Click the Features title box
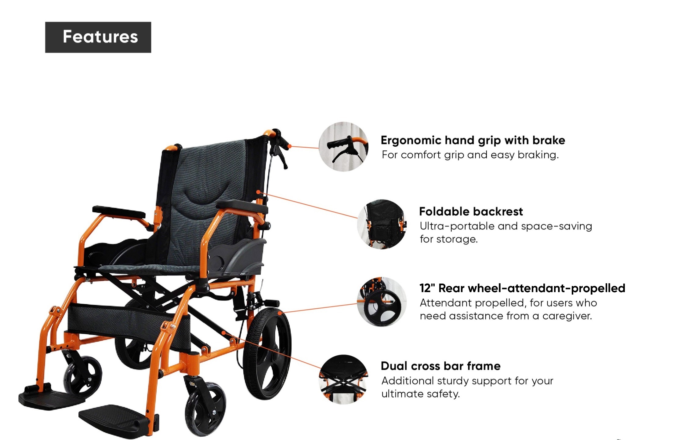click(98, 37)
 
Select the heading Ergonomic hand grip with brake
click(473, 140)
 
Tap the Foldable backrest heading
click(471, 211)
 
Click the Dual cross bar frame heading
click(441, 366)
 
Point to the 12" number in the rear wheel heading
click(427, 288)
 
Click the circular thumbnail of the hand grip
click(343, 147)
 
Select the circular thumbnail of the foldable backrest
click(382, 224)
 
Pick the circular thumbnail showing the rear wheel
click(382, 302)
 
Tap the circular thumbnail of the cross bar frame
click(343, 380)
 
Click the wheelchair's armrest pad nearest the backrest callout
click(242, 206)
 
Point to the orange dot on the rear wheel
click(280, 313)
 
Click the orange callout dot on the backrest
click(258, 192)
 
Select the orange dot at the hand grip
click(290, 146)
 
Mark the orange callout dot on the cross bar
click(224, 332)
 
